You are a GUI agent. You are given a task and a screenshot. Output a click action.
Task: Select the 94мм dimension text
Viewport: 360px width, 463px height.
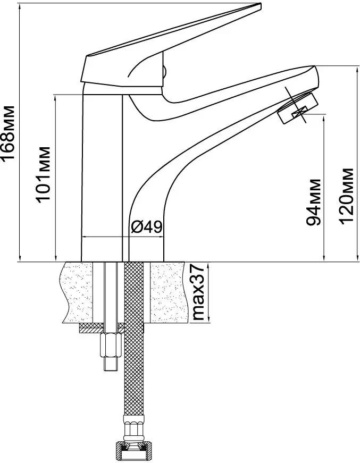313,202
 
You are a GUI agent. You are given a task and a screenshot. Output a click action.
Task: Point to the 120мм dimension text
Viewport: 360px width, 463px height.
346,196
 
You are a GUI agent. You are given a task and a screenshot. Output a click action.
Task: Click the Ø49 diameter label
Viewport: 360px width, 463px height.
146,227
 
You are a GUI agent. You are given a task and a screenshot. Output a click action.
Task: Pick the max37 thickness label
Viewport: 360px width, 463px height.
198,292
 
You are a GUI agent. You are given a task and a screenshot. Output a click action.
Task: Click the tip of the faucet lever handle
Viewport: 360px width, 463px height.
260,5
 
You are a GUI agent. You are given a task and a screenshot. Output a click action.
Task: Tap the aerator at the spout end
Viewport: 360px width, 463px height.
297,108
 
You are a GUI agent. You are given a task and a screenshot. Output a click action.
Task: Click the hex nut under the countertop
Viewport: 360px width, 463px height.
111,345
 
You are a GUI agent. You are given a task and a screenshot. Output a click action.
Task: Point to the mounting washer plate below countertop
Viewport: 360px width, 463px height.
111,328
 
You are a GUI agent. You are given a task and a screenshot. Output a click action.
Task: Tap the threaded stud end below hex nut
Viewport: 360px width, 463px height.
111,364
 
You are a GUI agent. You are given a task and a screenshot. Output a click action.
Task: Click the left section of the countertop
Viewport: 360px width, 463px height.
78,292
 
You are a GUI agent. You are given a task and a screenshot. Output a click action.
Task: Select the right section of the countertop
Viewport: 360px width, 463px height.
169,292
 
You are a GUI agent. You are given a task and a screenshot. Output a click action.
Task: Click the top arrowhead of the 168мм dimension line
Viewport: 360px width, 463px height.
20,5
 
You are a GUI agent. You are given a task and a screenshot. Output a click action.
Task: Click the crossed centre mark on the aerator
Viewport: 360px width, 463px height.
299,112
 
